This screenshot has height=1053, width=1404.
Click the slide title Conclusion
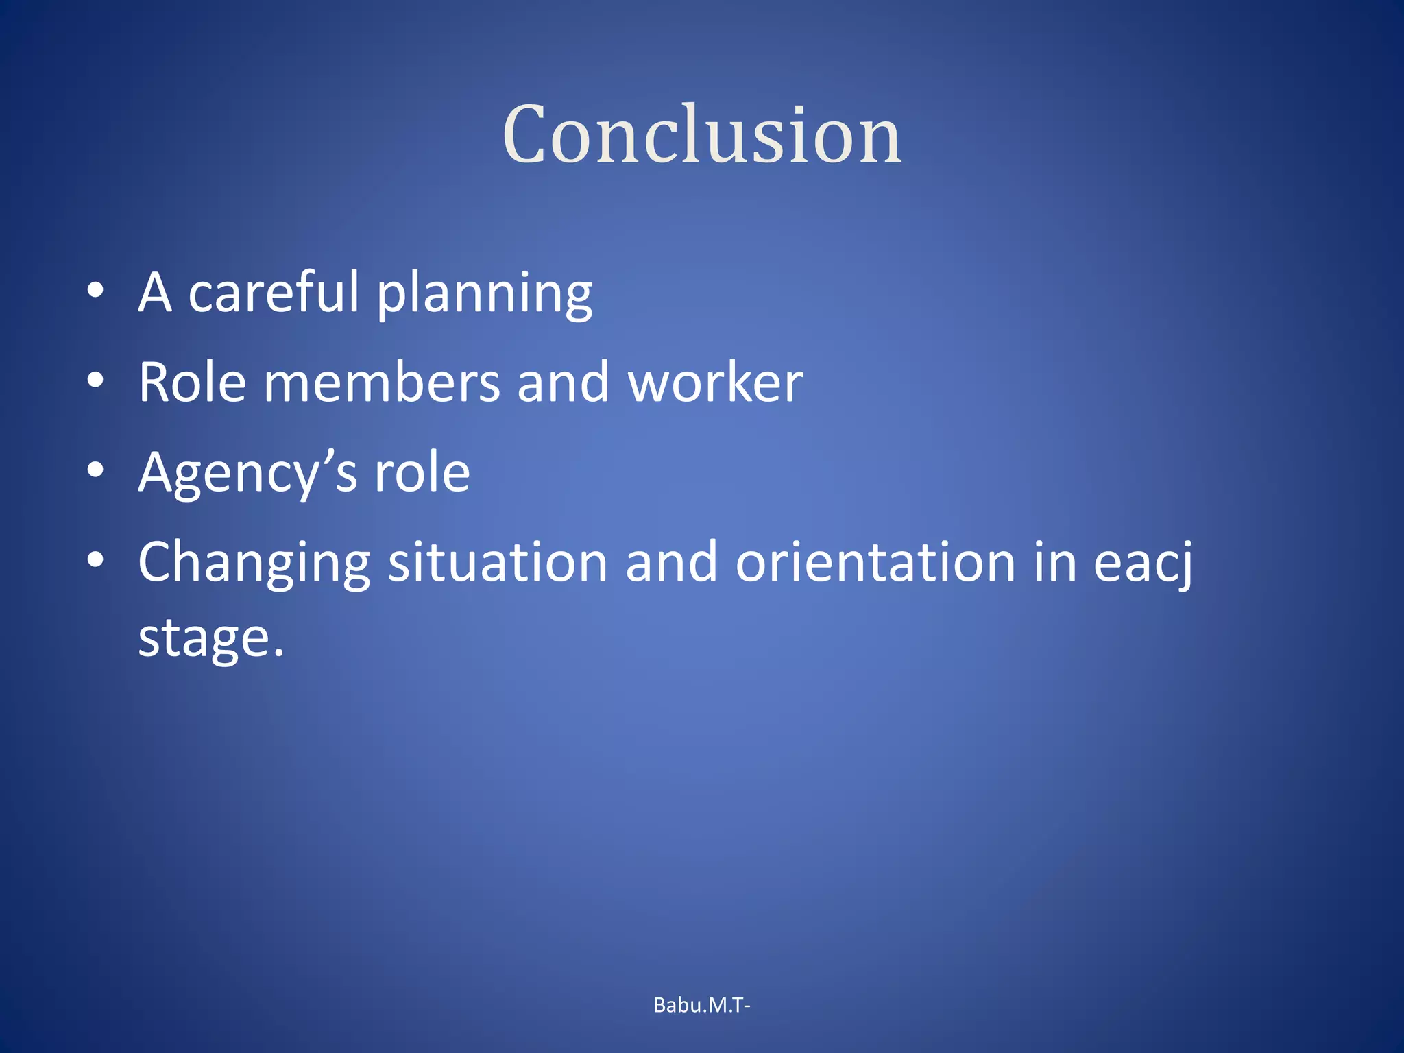(x=702, y=134)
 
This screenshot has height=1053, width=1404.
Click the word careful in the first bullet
(x=273, y=293)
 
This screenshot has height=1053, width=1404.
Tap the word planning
(x=485, y=295)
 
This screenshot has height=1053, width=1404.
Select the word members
(x=382, y=383)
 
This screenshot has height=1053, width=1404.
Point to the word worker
(x=715, y=383)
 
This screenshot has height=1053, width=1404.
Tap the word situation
(x=498, y=562)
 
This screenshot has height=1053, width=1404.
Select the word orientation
(x=875, y=562)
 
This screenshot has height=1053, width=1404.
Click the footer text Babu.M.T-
(x=702, y=1005)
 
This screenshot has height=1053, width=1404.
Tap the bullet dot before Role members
(x=95, y=380)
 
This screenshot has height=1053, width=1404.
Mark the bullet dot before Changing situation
(x=95, y=559)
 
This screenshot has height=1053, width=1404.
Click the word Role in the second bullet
(x=192, y=383)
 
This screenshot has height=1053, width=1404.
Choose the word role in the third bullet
(x=422, y=473)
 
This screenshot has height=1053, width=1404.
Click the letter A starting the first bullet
(x=155, y=293)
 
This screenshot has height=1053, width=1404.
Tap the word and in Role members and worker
(x=563, y=383)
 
